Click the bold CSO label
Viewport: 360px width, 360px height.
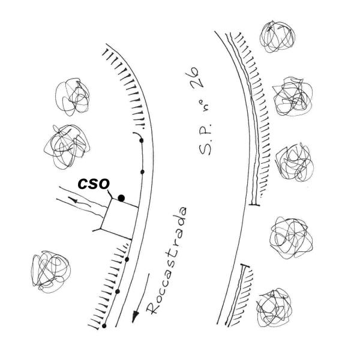(94, 184)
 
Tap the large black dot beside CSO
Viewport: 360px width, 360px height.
(121, 198)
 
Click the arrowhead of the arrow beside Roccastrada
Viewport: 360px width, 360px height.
(136, 317)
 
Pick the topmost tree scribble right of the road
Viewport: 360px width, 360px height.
(277, 37)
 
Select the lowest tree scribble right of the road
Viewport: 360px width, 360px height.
(274, 307)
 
